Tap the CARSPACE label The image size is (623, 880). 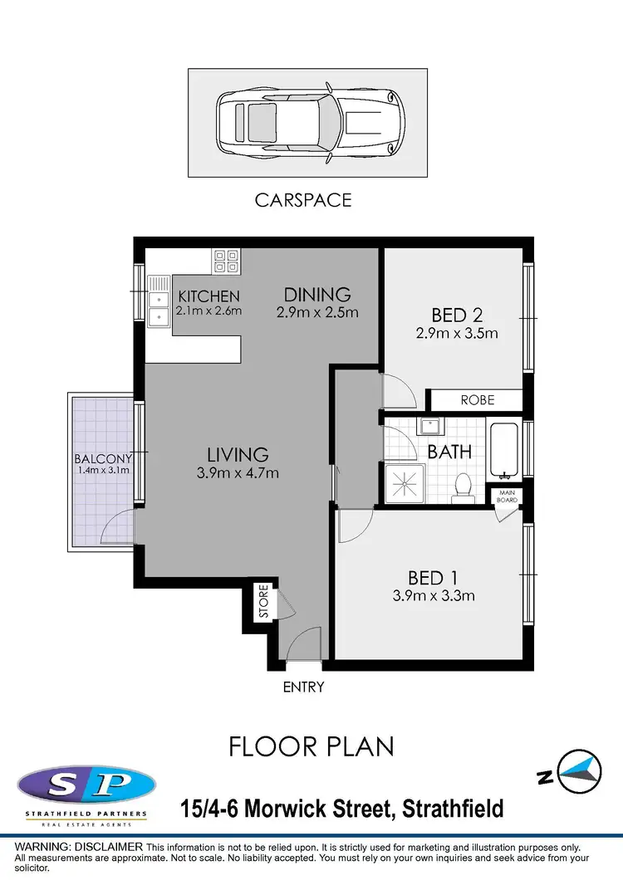[302, 200]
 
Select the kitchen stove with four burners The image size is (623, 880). [226, 262]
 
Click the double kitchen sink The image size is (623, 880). [158, 304]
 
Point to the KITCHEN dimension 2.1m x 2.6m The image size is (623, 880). [208, 311]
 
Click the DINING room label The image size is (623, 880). [317, 295]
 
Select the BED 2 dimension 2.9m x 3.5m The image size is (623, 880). [457, 334]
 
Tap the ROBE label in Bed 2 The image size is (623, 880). [477, 400]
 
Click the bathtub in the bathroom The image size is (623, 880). [503, 452]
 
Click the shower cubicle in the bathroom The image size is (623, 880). [405, 483]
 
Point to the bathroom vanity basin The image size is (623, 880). [429, 427]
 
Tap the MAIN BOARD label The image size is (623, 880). [508, 496]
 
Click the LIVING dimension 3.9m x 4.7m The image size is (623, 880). [238, 473]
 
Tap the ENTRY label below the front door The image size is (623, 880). [303, 687]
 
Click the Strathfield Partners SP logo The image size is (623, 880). [85, 785]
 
